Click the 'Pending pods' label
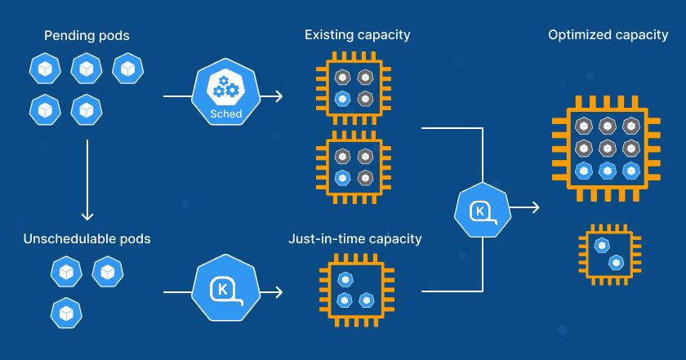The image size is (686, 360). point(86,36)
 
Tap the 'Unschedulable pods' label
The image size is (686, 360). point(87,239)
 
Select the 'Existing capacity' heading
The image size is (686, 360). point(357,35)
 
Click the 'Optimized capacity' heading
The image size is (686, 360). point(608,35)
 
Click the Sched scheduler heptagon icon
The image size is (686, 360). point(226,96)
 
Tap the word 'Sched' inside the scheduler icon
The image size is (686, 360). point(226,114)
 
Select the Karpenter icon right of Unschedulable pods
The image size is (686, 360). point(226,290)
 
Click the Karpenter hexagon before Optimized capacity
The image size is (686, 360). point(483,211)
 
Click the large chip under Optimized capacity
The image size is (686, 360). point(606,148)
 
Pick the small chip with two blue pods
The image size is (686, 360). point(608,253)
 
